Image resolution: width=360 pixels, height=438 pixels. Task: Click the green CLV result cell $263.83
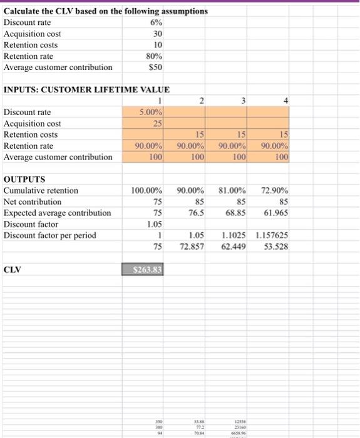[143, 270]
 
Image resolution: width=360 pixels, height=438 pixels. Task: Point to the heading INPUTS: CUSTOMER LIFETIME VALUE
[78, 90]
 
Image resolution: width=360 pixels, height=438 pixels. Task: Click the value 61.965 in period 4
[274, 213]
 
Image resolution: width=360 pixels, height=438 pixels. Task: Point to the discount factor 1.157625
[271, 236]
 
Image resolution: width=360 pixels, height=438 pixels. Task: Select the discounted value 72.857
[192, 247]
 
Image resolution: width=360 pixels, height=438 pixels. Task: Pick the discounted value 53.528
[275, 247]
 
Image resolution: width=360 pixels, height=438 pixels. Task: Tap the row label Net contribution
[33, 202]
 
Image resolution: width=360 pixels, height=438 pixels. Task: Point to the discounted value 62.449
[233, 247]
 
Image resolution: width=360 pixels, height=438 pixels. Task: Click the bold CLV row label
[13, 270]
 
